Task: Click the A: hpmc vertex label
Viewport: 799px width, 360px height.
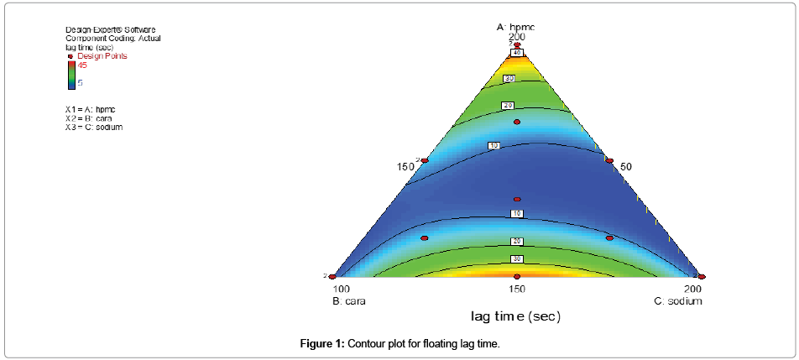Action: click(x=516, y=27)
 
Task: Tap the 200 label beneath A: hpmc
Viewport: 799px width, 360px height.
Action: click(x=517, y=37)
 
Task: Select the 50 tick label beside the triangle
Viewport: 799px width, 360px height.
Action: click(x=626, y=167)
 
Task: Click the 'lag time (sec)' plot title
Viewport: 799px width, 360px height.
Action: click(x=515, y=316)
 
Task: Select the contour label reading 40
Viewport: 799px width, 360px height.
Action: click(x=518, y=53)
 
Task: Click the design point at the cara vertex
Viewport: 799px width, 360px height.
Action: click(x=332, y=276)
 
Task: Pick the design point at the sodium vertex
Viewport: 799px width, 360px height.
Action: click(x=702, y=276)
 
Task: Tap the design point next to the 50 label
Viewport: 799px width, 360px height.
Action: click(x=609, y=160)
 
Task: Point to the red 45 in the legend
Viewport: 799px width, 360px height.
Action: click(x=82, y=65)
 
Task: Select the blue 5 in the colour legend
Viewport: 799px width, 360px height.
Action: click(x=81, y=83)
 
